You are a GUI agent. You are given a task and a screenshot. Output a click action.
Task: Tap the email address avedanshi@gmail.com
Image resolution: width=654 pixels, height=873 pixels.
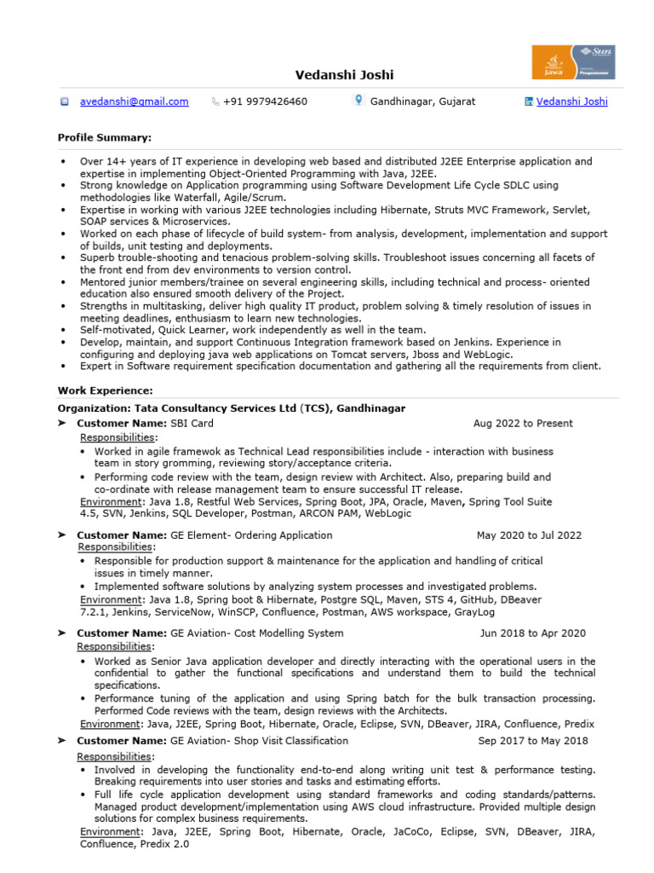click(x=135, y=101)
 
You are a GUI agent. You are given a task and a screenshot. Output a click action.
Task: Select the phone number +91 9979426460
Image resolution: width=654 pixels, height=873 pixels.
click(x=265, y=101)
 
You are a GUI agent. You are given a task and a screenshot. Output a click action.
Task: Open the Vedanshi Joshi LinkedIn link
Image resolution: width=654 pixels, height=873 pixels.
click(x=571, y=101)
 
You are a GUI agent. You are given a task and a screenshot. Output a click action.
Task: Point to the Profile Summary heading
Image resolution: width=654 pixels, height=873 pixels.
click(x=105, y=137)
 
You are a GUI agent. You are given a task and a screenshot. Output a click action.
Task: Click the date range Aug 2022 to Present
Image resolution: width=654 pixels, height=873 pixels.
click(x=523, y=424)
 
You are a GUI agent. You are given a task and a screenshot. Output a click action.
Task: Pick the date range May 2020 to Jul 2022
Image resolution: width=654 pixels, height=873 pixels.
click(x=529, y=535)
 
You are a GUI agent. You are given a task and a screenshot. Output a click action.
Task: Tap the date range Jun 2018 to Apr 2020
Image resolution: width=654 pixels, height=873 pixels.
click(x=532, y=633)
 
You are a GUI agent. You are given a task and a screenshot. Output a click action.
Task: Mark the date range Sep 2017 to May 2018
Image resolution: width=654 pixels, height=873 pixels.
click(x=532, y=741)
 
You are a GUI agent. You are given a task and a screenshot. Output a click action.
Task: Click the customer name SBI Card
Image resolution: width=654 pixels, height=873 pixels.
click(x=192, y=424)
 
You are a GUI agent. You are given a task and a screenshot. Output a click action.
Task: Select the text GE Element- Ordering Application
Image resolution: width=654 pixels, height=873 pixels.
click(x=251, y=535)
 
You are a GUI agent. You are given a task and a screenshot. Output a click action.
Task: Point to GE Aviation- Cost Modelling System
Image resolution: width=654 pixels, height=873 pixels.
click(x=257, y=633)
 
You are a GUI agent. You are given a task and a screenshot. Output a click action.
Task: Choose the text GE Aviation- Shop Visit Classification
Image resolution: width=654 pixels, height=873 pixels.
click(x=260, y=741)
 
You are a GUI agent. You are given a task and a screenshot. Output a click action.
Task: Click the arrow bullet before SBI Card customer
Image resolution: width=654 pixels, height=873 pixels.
click(x=62, y=424)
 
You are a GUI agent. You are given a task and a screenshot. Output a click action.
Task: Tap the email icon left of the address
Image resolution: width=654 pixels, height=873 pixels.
click(x=64, y=102)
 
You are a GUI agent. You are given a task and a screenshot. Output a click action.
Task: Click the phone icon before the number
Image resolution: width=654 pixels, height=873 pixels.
click(x=215, y=102)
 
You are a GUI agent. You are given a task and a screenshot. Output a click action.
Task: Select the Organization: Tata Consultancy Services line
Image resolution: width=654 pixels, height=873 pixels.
click(x=232, y=408)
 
